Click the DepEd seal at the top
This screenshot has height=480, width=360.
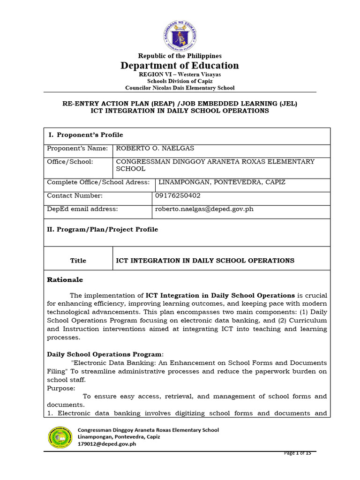point(180,36)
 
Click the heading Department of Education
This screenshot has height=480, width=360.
point(180,66)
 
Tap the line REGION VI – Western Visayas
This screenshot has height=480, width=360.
point(180,75)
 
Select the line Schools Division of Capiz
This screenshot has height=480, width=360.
point(180,81)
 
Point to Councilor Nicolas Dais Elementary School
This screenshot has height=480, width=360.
point(180,88)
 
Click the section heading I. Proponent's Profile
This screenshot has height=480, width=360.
point(86,135)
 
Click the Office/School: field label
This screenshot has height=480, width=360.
point(70,162)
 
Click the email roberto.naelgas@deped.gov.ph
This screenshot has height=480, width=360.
point(205,209)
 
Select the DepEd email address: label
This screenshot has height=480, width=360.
point(82,209)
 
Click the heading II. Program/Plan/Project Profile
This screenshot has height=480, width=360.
point(103,230)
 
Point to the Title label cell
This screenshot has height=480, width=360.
point(78,261)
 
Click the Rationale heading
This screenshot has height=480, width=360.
point(65,280)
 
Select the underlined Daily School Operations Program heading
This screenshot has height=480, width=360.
point(105,354)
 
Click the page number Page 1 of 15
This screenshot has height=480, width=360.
point(300,453)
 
